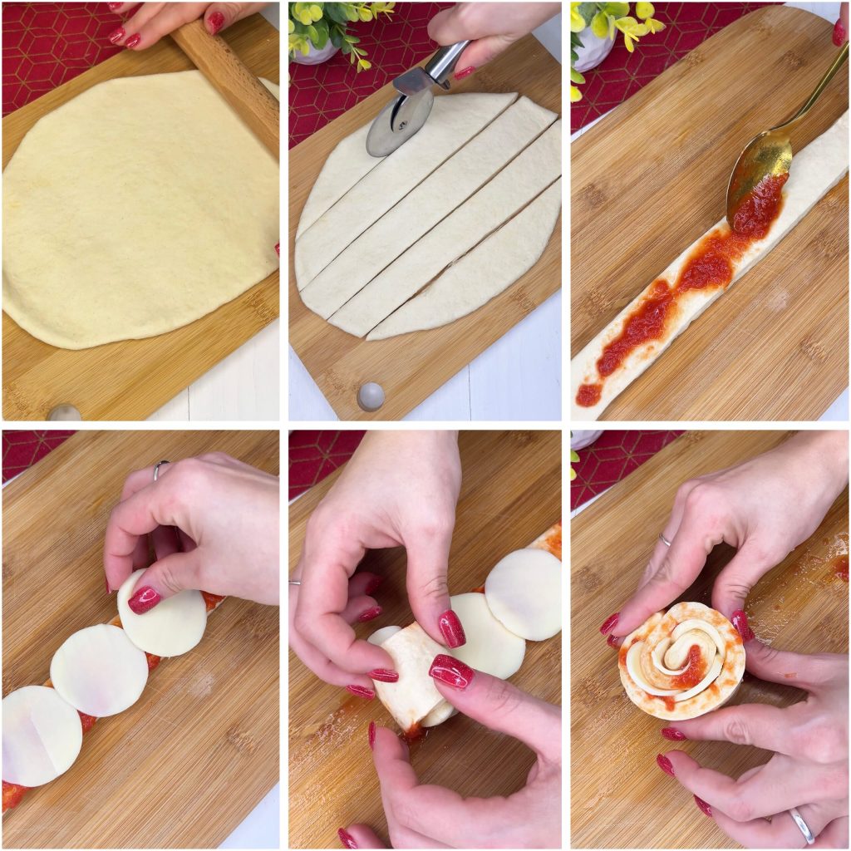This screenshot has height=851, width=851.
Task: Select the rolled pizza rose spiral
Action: [x=681, y=661]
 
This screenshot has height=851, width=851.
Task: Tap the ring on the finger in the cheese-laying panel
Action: [x=160, y=470]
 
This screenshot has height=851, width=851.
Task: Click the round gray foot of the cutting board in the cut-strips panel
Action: [x=371, y=396]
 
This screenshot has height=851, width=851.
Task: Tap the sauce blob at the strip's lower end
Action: [x=588, y=394]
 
